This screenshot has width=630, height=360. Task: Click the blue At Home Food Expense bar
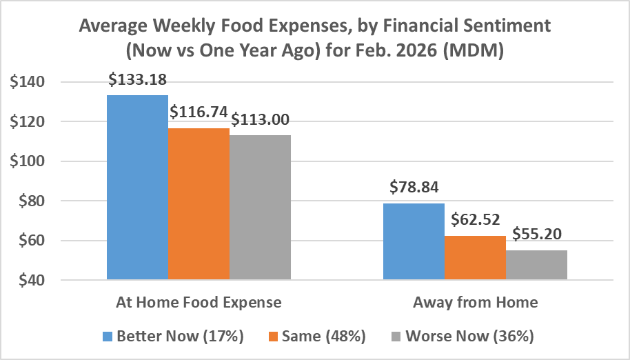[137, 187]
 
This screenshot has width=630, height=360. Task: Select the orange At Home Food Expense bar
[199, 204]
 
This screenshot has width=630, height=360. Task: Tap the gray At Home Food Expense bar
[260, 208]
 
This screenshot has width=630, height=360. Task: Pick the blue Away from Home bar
[414, 241]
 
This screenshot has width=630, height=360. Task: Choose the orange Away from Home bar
[475, 258]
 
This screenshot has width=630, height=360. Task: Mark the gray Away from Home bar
[536, 265]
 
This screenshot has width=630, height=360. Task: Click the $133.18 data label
[138, 80]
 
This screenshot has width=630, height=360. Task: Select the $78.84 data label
[414, 188]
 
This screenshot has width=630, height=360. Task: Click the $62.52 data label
[476, 221]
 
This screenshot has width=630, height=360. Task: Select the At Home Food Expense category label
[199, 302]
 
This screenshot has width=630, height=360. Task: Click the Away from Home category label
[475, 302]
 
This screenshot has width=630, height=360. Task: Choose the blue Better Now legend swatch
[108, 337]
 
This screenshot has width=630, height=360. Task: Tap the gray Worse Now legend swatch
[396, 337]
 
